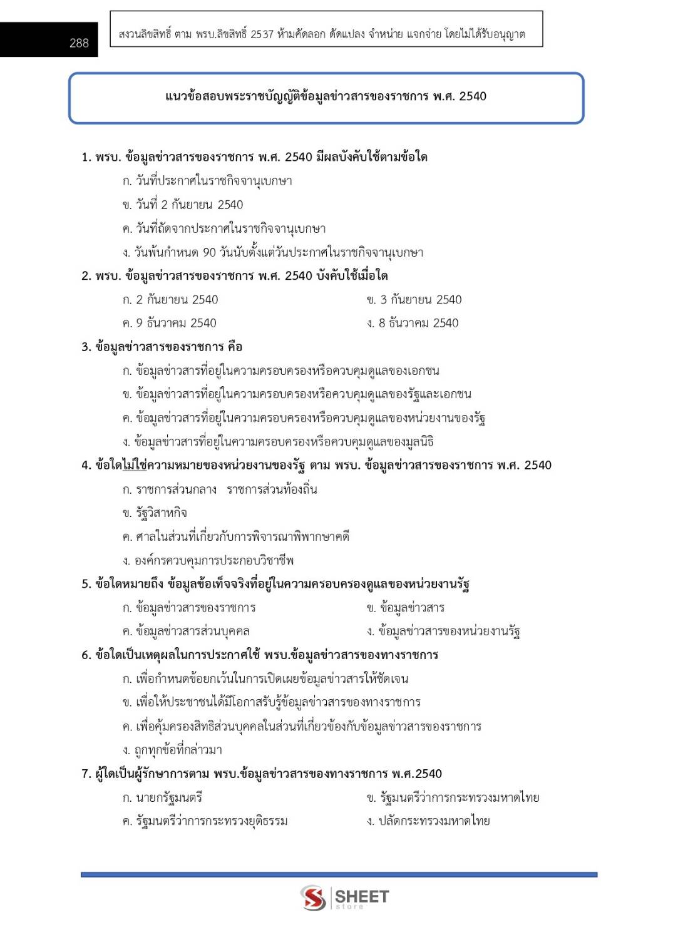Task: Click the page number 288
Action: [79, 43]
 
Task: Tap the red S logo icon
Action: [313, 897]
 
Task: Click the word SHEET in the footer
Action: [362, 896]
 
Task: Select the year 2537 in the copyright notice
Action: [262, 34]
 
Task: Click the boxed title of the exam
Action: [326, 96]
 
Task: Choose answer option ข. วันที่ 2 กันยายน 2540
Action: [183, 205]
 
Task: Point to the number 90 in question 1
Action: [209, 252]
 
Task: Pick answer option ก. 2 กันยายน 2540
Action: [170, 300]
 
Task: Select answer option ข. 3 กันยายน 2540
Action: [414, 300]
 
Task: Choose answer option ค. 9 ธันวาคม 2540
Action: [169, 323]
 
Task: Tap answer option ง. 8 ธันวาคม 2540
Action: [413, 323]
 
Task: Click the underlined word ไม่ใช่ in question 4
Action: [134, 465]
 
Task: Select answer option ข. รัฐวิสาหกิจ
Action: [155, 513]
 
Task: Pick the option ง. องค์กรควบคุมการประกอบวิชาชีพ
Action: [208, 560]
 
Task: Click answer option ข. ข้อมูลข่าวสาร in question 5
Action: [406, 608]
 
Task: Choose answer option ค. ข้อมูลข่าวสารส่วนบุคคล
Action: [186, 631]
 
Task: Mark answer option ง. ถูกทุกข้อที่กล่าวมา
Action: [172, 750]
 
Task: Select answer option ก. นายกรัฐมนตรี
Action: [162, 797]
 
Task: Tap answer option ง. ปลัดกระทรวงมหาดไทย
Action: [428, 821]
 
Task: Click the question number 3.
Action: [86, 347]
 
